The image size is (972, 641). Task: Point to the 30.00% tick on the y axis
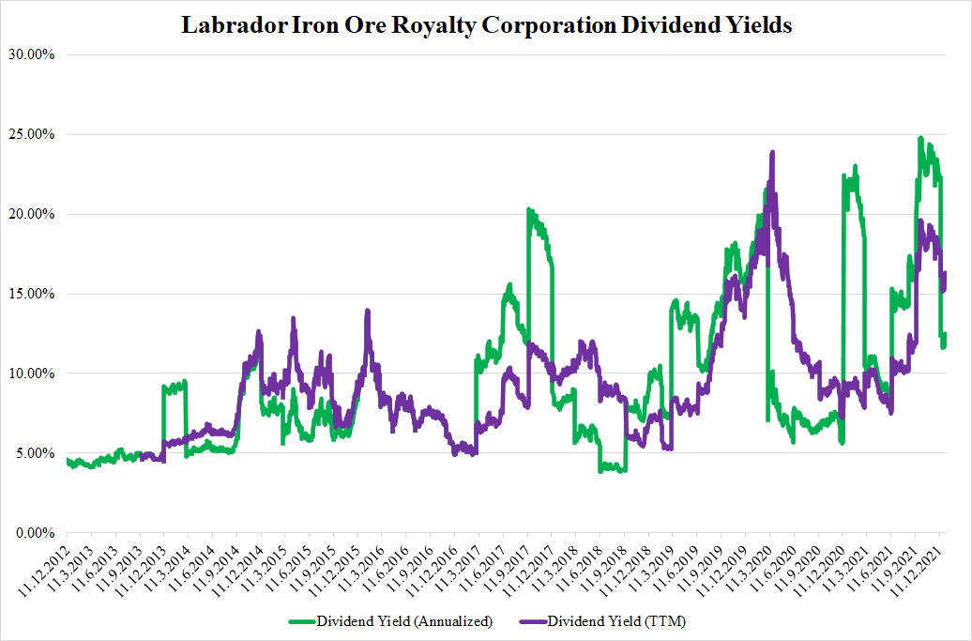coord(35,54)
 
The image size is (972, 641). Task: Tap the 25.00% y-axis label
coord(35,134)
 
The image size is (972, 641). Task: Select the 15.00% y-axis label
coord(35,294)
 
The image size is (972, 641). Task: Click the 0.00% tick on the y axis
coord(38,533)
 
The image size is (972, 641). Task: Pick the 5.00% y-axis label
coord(38,453)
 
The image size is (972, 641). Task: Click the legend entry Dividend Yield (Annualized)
coord(403,621)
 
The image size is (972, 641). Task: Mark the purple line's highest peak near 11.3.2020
coord(771,152)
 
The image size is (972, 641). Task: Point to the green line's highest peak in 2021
coord(920,139)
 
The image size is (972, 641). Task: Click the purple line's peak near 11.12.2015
coord(367,311)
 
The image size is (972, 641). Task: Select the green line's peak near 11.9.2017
coord(529,210)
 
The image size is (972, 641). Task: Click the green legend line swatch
coord(300,621)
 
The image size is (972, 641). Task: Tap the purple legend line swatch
coord(531,621)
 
